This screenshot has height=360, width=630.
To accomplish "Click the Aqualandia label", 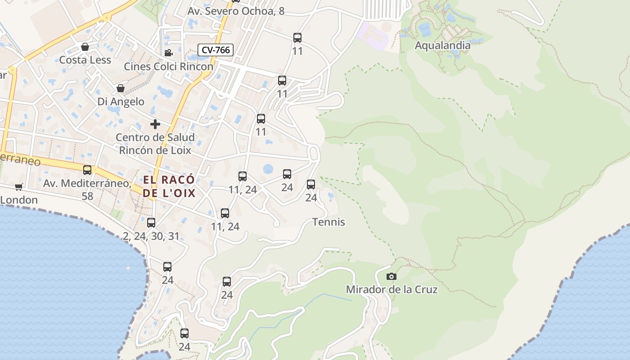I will [442, 45].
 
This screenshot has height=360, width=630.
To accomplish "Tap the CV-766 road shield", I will [216, 50].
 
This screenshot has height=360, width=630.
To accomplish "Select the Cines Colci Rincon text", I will [168, 67].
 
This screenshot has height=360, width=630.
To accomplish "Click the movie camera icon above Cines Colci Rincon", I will [168, 53].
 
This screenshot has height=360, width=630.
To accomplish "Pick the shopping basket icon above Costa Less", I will [85, 47].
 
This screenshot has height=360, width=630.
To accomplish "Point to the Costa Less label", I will [85, 60].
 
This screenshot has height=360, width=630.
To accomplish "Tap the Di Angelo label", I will [121, 102].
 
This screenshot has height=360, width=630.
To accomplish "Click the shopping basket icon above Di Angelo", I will [120, 88].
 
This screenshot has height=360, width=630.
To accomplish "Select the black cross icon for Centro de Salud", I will [155, 124].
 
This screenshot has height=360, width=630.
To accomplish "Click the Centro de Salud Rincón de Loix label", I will [155, 144].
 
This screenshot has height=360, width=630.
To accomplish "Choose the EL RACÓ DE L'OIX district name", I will [169, 186].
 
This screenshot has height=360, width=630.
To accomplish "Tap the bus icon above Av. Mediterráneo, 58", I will [87, 170].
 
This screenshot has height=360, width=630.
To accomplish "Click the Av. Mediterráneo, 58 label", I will [87, 189].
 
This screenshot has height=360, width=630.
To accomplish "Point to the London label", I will [19, 200].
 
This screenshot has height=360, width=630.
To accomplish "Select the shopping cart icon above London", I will [18, 187].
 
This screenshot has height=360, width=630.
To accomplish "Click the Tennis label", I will [328, 222].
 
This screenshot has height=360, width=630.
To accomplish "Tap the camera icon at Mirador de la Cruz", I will [391, 276].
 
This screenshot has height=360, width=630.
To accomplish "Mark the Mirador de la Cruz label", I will [391, 289].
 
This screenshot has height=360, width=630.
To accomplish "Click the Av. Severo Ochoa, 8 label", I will [236, 11].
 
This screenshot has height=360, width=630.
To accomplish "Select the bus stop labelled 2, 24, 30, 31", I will [151, 223].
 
